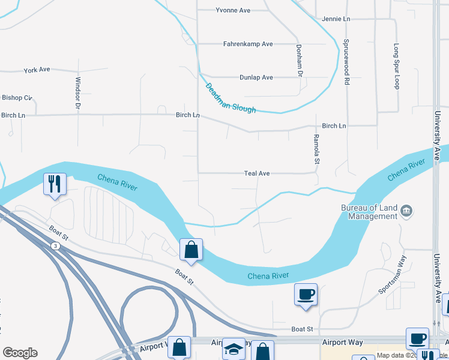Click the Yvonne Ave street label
pyautogui.click(x=232, y=10)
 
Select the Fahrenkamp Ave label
pyautogui.click(x=248, y=44)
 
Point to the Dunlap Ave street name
pyautogui.click(x=256, y=77)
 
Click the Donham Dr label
pyautogui.click(x=299, y=60)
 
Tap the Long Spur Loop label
pyautogui.click(x=396, y=66)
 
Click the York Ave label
pyautogui.click(x=37, y=70)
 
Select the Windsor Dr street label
pyautogui.click(x=77, y=93)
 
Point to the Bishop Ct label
pyautogui.click(x=16, y=98)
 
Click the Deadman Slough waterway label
pyautogui.click(x=231, y=98)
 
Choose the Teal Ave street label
pyautogui.click(x=256, y=173)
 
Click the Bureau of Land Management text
pyautogui.click(x=369, y=212)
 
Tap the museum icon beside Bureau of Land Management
pyautogui.click(x=406, y=210)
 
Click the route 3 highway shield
pyautogui.click(x=55, y=246)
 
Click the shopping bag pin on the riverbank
pyautogui.click(x=191, y=249)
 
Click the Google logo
pyautogui.click(x=20, y=353)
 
